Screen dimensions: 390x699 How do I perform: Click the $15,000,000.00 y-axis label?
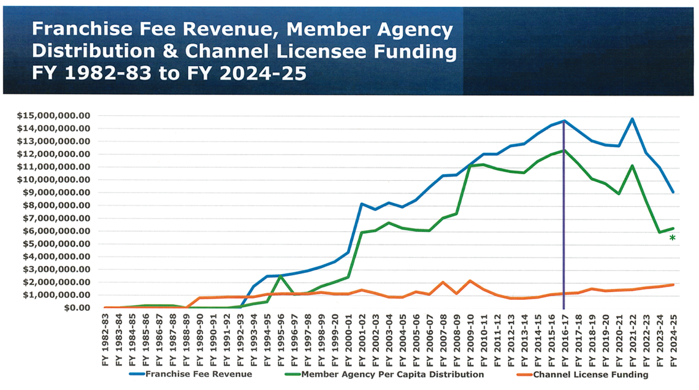[54, 115]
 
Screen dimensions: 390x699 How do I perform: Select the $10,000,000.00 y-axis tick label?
[54, 180]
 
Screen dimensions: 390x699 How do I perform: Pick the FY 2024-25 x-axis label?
[673, 338]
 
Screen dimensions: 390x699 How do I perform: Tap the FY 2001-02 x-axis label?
[362, 338]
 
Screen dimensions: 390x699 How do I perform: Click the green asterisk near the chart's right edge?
[673, 239]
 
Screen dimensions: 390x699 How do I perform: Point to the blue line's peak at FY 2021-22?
[632, 119]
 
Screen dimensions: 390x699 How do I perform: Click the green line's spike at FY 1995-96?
[280, 277]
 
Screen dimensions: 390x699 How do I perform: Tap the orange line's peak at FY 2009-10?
[470, 281]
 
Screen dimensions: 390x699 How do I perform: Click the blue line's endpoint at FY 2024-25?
[673, 192]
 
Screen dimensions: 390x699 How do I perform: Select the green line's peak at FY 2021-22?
[632, 166]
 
